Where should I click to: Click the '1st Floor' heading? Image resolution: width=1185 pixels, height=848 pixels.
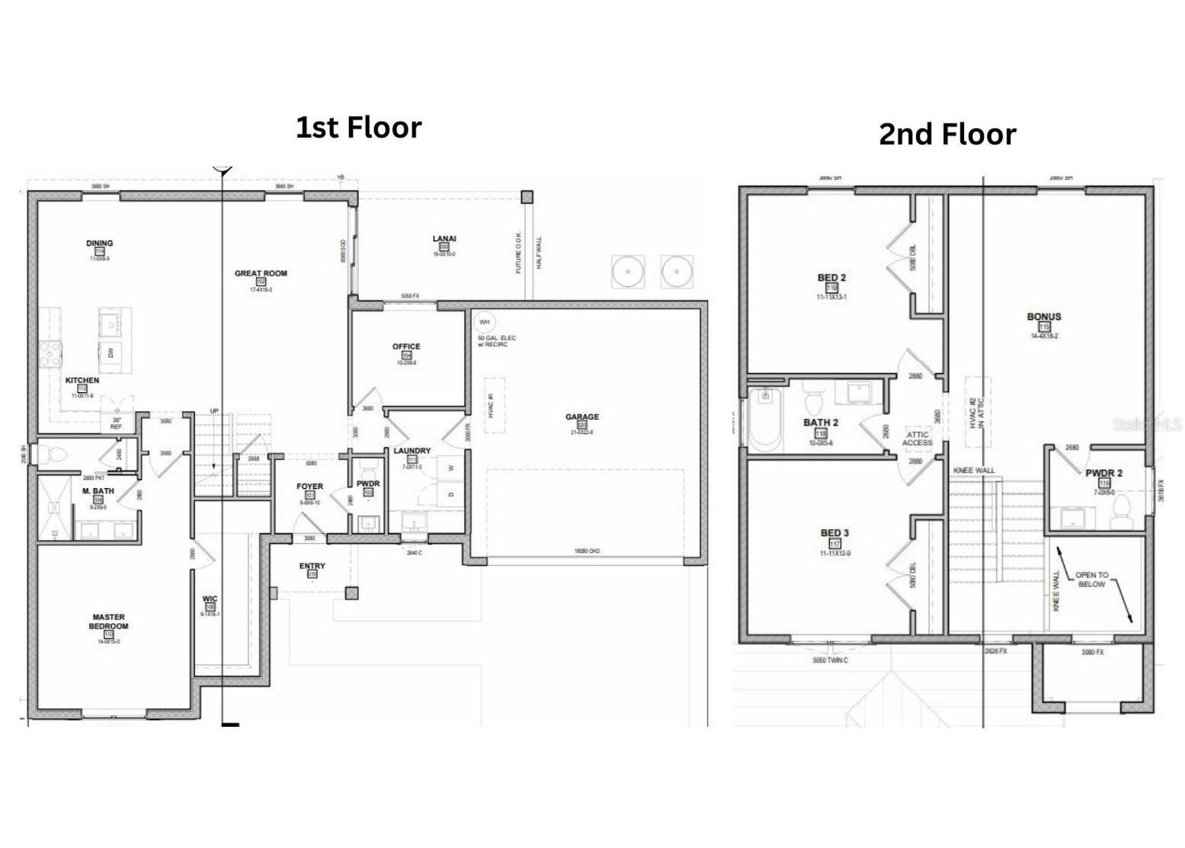coord(358,127)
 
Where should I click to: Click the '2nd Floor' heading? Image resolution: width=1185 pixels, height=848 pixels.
coord(947,134)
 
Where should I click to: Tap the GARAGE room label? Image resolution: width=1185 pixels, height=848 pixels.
coord(581,417)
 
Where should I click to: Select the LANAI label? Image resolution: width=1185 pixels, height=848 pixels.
coord(444,239)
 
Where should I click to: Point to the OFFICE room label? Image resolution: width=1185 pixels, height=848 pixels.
coord(406,347)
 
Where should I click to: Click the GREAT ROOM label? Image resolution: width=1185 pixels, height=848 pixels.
coord(261,274)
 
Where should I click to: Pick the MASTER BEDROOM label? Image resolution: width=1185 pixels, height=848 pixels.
coord(108,622)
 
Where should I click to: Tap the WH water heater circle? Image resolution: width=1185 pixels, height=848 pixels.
coord(484,323)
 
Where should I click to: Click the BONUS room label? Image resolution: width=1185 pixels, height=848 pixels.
coord(1043,317)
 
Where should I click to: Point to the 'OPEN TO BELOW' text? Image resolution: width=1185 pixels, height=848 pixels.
coord(1091,580)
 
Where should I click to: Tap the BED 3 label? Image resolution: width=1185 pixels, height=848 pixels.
coord(834,533)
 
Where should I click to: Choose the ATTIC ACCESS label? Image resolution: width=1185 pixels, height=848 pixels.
coord(917,438)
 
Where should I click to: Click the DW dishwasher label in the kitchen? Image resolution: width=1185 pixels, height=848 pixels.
coord(111,352)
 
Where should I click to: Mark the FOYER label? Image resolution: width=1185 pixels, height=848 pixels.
coord(309,487)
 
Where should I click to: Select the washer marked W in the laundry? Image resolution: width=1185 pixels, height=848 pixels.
coord(450,467)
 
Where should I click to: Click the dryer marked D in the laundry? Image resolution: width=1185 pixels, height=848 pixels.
coord(450,494)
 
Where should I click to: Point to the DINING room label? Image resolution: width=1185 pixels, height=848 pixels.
coord(99,243)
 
